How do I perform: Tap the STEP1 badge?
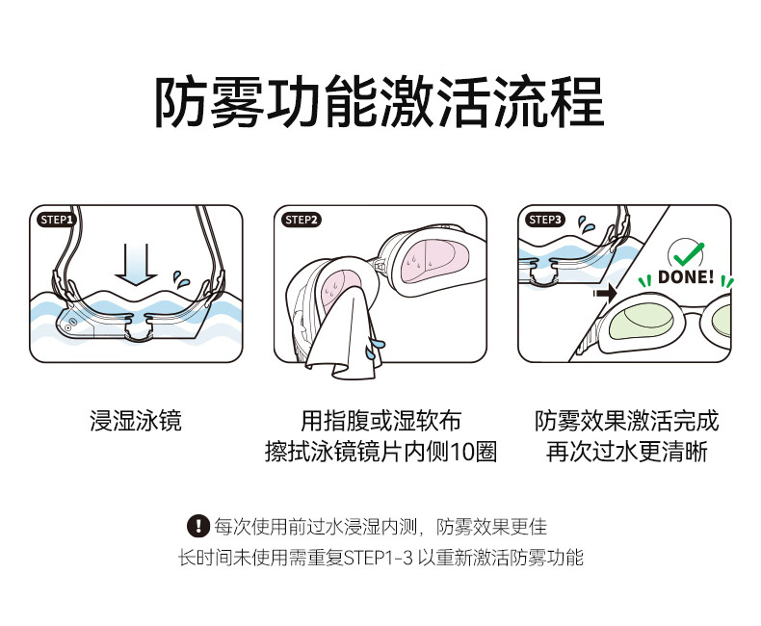click(56, 220)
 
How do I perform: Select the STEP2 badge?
click(301, 220)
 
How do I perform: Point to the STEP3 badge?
click(544, 220)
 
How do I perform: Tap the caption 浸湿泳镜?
click(136, 421)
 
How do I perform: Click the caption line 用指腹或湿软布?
click(380, 421)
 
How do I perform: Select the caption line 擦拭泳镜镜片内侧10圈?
click(380, 452)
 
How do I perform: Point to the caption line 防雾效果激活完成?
click(626, 421)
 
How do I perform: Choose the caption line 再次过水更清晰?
click(626, 452)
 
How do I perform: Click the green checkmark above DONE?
click(686, 254)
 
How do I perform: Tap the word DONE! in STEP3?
click(686, 278)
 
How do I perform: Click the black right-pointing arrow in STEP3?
click(605, 291)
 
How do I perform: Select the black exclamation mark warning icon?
click(197, 526)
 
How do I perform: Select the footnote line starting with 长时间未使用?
click(380, 558)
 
